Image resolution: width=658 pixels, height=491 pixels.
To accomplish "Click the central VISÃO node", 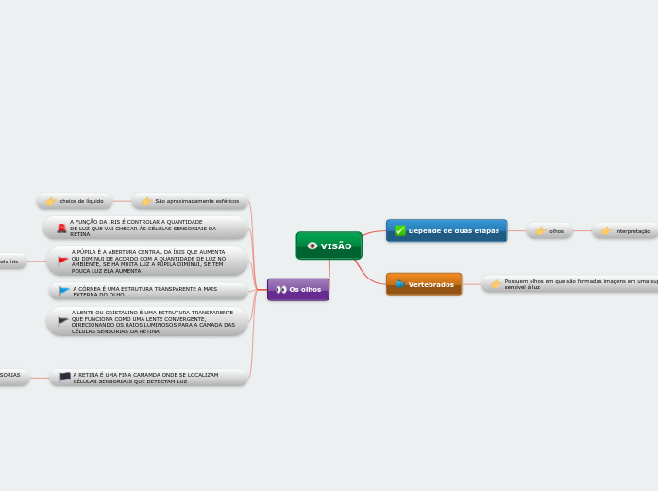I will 329,245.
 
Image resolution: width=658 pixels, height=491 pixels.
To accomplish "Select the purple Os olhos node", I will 298,289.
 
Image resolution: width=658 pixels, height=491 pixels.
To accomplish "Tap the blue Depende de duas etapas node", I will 447,230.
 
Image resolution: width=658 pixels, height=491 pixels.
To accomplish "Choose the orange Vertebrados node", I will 424,284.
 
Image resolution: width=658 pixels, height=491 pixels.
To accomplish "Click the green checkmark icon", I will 400,230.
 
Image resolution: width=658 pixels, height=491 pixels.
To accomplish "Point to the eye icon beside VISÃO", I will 312,245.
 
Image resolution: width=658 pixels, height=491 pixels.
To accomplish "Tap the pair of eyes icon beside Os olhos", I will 281,289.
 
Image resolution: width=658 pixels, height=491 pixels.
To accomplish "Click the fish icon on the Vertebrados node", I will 400,284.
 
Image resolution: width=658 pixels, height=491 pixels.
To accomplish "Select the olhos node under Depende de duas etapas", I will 549,230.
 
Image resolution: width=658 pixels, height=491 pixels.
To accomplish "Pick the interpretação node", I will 625,230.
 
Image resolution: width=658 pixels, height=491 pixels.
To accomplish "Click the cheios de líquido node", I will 75,201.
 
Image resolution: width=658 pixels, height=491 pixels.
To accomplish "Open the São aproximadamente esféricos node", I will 190,201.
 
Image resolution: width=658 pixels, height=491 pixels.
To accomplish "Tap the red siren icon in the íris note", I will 61,229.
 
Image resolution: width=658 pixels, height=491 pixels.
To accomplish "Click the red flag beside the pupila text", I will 63,260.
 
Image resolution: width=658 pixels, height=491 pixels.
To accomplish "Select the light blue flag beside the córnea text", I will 64,291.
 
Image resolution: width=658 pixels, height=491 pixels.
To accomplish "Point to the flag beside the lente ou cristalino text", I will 63,321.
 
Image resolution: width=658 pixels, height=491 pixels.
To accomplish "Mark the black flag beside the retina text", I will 65,377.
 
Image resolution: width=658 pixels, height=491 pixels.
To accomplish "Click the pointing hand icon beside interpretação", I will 606,230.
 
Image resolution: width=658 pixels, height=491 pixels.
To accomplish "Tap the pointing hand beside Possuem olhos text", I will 496,283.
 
